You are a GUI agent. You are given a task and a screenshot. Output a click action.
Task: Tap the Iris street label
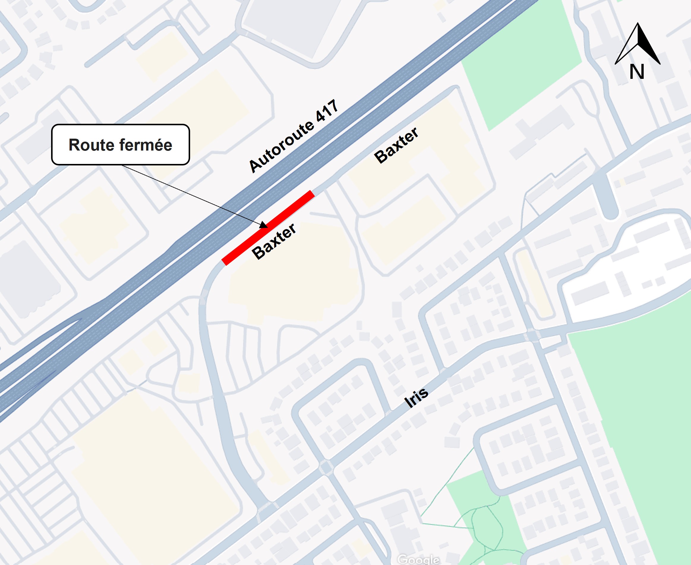(417, 398)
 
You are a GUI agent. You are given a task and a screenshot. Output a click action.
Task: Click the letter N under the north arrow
(636, 72)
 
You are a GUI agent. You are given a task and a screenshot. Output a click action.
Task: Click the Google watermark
(418, 559)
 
